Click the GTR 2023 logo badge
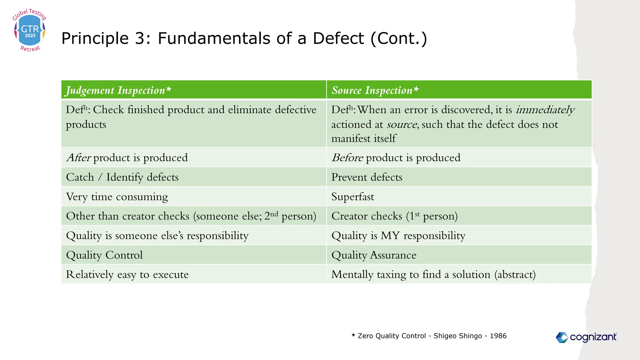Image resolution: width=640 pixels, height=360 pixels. pos(30,31)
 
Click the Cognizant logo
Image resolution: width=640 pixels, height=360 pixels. pos(586,337)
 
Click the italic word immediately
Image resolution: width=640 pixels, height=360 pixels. pos(545,110)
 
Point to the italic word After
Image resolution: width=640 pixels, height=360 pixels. pos(78,157)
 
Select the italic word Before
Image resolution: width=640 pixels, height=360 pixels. pos(347,157)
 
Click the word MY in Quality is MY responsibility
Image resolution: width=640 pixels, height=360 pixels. pos(390,235)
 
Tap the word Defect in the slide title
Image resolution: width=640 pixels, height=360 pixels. pos(338,38)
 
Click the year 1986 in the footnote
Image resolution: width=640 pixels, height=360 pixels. pos(498,336)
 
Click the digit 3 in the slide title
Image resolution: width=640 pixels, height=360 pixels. pos(139,38)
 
